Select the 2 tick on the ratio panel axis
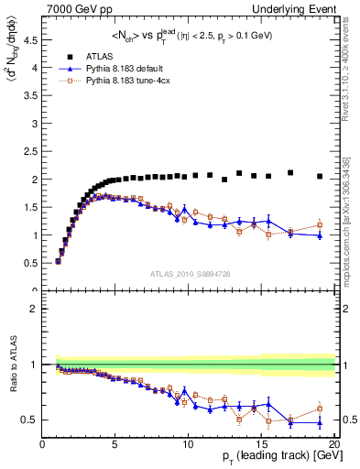36,310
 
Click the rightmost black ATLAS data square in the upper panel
320,176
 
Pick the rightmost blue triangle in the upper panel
320,235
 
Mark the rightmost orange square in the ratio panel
320,409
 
